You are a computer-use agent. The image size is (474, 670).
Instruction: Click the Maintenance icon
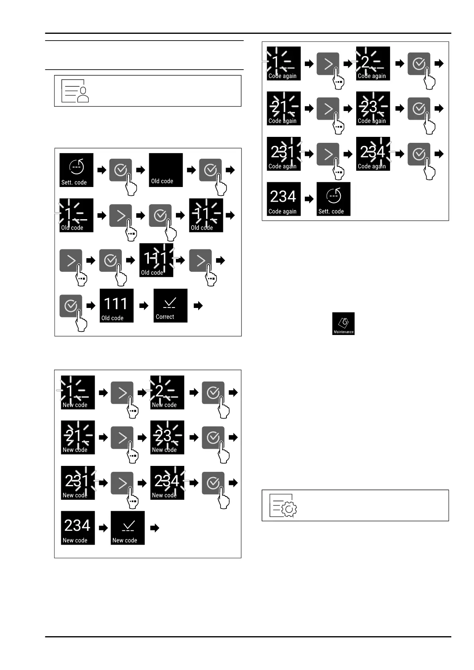(343, 323)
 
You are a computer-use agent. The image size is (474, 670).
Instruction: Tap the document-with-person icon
(75, 91)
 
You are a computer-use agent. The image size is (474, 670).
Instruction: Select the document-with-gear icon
(283, 505)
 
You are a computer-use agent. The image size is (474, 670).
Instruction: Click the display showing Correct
(170, 306)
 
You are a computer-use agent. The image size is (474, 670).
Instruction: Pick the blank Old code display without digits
(166, 170)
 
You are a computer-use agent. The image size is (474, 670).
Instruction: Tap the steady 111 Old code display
(116, 306)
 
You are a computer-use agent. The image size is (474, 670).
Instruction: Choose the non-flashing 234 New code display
(78, 528)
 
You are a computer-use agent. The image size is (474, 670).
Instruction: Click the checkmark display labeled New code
(127, 528)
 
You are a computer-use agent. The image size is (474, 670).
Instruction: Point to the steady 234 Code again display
(283, 199)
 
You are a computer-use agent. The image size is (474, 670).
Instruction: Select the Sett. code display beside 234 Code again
(333, 199)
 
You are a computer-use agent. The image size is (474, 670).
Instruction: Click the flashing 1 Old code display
(76, 215)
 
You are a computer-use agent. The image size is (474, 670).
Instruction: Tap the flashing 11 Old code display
(206, 215)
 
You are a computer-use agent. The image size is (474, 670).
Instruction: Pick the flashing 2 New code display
(167, 393)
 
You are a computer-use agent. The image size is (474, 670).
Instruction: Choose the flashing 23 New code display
(167, 438)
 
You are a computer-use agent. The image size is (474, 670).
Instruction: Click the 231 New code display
(78, 483)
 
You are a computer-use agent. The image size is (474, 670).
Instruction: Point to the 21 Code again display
(283, 109)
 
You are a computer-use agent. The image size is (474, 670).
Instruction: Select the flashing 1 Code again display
(283, 63)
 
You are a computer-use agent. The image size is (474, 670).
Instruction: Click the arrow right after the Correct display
(198, 306)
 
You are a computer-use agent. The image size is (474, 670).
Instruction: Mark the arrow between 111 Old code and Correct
(144, 306)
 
